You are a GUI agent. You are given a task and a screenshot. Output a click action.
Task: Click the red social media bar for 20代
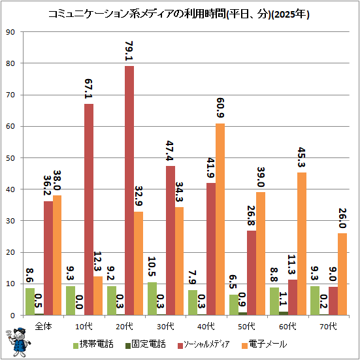(x=129, y=191)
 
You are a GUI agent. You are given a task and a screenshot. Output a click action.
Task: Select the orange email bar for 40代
(x=220, y=220)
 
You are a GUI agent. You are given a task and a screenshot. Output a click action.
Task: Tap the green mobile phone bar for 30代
(x=152, y=299)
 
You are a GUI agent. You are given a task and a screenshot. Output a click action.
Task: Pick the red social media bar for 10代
(x=89, y=209)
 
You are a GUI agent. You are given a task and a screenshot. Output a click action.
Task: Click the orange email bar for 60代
(x=302, y=244)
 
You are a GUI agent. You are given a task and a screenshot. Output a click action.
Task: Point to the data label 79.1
(x=129, y=51)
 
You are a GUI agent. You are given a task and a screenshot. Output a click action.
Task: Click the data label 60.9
(x=220, y=108)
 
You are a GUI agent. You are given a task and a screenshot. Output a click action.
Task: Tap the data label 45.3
(x=302, y=157)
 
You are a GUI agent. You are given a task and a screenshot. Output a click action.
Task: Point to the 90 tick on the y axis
(x=10, y=32)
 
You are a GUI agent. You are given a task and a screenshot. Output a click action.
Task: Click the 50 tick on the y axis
(x=10, y=158)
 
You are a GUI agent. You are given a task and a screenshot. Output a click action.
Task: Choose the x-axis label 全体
(x=43, y=326)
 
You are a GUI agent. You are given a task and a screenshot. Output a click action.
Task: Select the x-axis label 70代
(x=329, y=326)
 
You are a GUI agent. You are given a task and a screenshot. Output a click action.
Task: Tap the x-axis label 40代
(x=206, y=326)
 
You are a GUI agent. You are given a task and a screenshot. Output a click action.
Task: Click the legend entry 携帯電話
(x=93, y=344)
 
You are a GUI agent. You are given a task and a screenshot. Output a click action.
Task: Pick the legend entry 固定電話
(x=145, y=344)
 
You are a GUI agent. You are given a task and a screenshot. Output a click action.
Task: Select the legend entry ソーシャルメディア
(x=204, y=344)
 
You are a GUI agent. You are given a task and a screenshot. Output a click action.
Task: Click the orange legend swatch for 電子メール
(x=245, y=346)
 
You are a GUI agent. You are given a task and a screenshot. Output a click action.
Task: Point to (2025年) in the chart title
(x=290, y=14)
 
